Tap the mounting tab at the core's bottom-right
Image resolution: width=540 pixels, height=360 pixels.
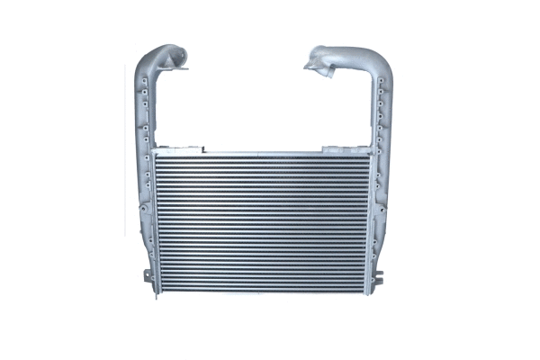[x=380, y=274]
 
